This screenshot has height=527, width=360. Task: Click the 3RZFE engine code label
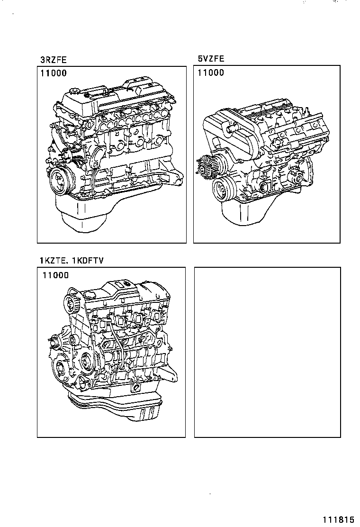pos(53,60)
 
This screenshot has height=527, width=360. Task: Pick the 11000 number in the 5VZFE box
pos(211,73)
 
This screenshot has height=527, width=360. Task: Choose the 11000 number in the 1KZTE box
pos(55,275)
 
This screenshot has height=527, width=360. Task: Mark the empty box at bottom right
pos(267,352)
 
